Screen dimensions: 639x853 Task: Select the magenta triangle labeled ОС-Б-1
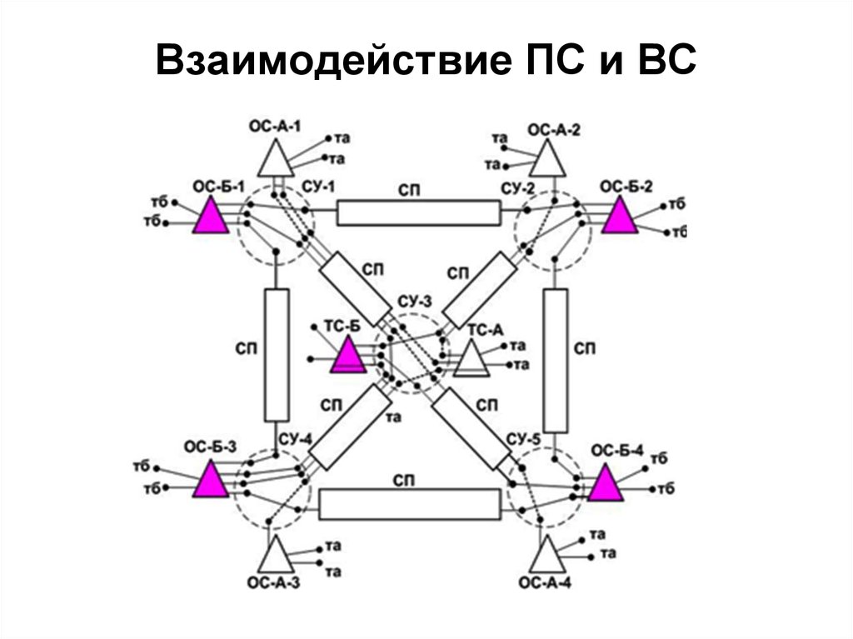(x=211, y=217)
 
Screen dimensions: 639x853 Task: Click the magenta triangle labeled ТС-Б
(x=347, y=357)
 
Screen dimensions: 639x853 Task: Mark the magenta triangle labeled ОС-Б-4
(x=606, y=484)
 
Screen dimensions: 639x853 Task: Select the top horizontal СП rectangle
(x=418, y=213)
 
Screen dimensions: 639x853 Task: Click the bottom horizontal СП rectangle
(x=409, y=503)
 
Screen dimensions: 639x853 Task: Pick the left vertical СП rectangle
(x=277, y=355)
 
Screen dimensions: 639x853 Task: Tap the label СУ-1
(x=318, y=187)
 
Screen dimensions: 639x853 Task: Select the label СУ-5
(x=521, y=438)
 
